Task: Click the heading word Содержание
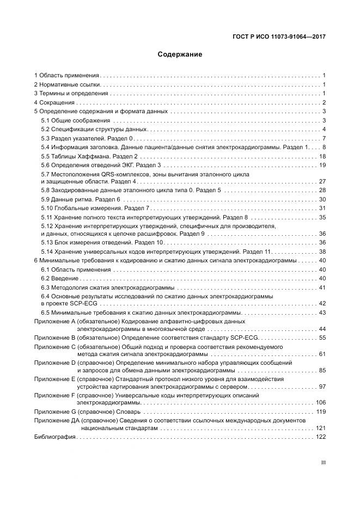tap(180, 54)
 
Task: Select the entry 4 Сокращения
tap(54, 102)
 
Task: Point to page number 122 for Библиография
tap(320, 437)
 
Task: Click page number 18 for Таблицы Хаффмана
tap(322, 156)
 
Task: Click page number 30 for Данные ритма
tap(322, 199)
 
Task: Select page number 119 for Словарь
tap(320, 411)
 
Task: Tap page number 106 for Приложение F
tap(320, 402)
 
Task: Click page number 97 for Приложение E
tap(322, 386)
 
